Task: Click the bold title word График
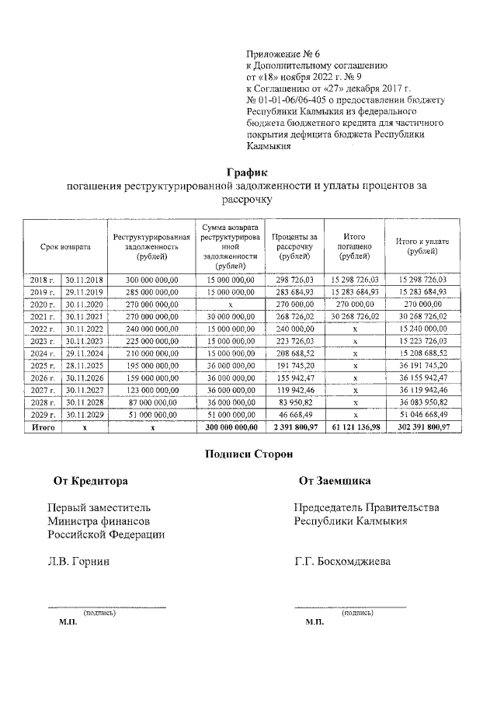point(248,172)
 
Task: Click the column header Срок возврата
point(66,246)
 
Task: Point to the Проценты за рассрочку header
point(295,246)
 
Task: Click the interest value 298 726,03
point(295,279)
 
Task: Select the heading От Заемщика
point(335,481)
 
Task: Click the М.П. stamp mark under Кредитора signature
point(68,622)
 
